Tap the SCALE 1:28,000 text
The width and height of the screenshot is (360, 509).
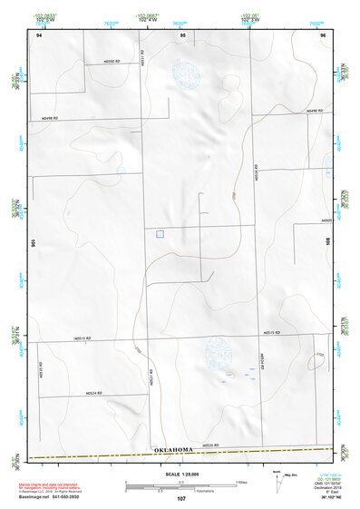point(180,472)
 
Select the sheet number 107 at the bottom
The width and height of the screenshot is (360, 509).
point(180,500)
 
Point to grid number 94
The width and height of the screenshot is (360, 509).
point(38,34)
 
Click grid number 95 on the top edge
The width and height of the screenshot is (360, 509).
point(182,34)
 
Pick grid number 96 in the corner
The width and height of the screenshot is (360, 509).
point(323,34)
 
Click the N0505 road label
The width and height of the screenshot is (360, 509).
point(326,219)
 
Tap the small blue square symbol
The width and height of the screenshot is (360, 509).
point(160,234)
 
